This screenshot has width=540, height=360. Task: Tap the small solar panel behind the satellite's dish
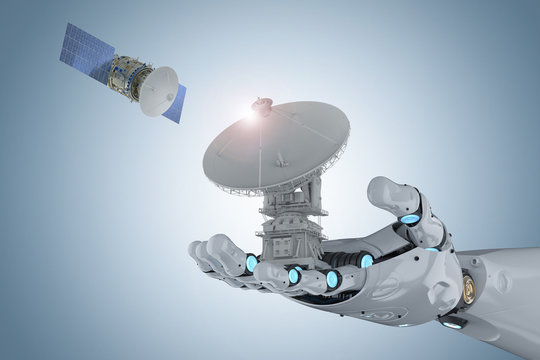coord(174,102)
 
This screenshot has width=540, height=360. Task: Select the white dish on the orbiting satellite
coord(157,91)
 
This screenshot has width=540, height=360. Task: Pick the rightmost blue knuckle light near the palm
coord(367,261)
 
